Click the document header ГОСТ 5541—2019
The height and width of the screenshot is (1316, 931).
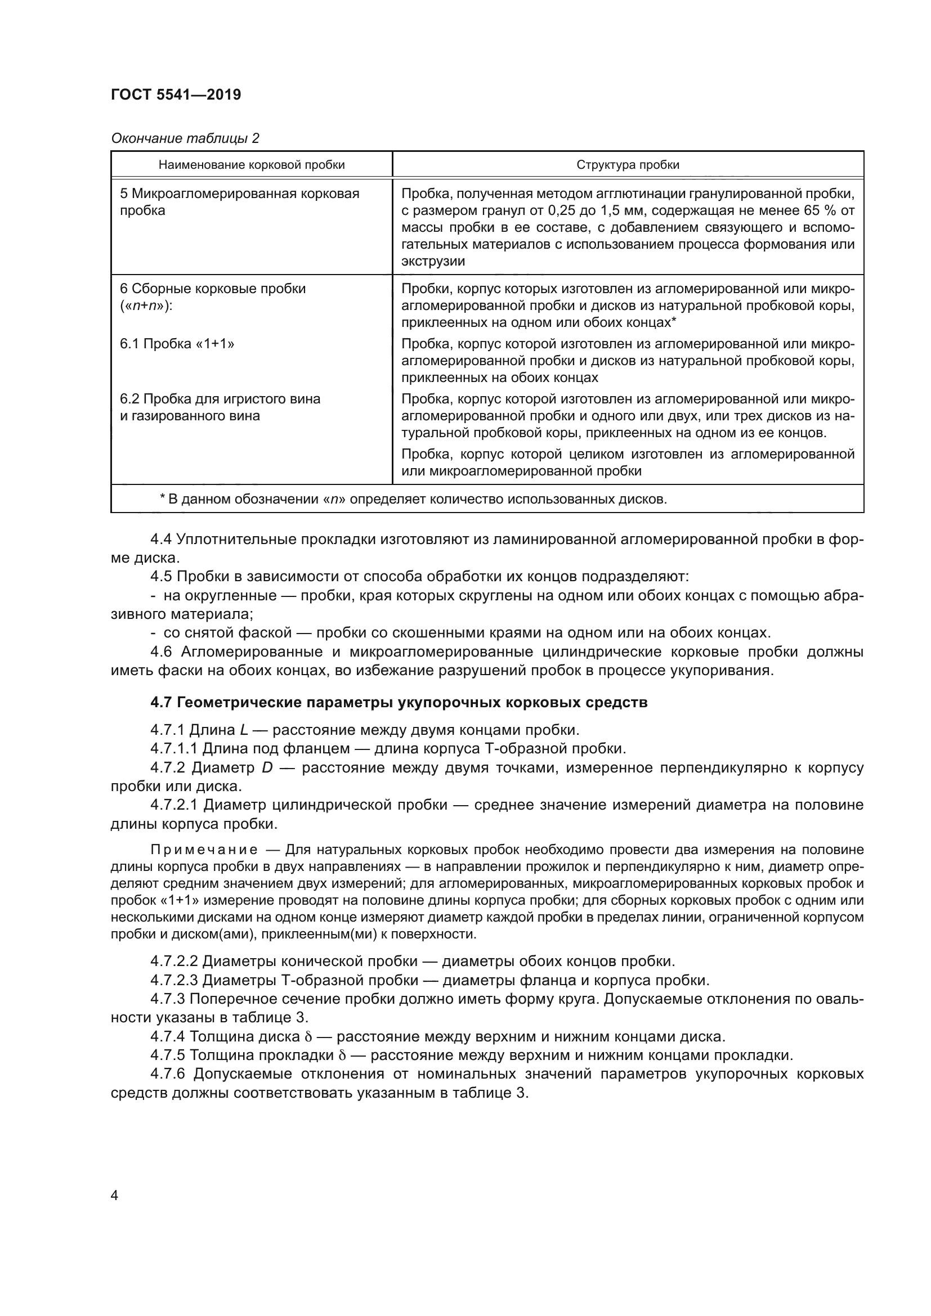pyautogui.click(x=176, y=95)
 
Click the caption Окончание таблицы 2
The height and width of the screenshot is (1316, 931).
pyautogui.click(x=185, y=138)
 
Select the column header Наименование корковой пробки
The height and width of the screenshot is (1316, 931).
pyautogui.click(x=251, y=165)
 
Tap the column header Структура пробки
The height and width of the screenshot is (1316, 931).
pyautogui.click(x=628, y=165)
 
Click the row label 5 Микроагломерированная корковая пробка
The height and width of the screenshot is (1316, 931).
pyautogui.click(x=239, y=202)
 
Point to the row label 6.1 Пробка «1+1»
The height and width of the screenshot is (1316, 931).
pyautogui.click(x=177, y=344)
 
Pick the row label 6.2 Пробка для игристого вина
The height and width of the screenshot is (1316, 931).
pyautogui.click(x=220, y=399)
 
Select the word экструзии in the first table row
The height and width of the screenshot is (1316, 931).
pyautogui.click(x=433, y=262)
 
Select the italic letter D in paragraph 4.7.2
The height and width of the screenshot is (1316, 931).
pyautogui.click(x=267, y=767)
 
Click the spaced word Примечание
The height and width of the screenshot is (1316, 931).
pyautogui.click(x=204, y=850)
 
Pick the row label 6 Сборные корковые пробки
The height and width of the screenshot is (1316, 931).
pyautogui.click(x=213, y=289)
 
